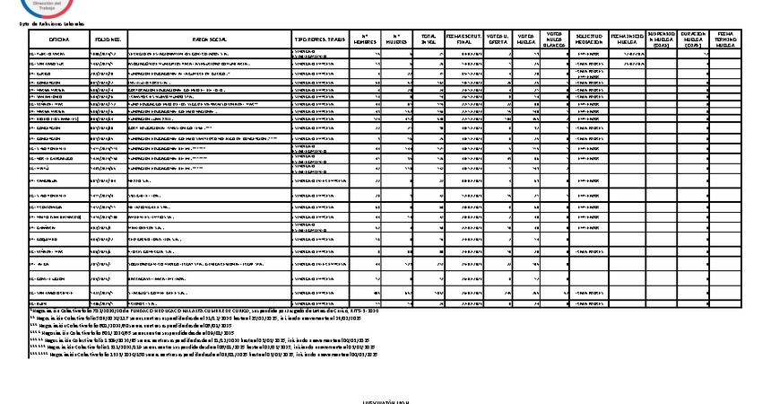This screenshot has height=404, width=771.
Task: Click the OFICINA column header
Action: [59, 40]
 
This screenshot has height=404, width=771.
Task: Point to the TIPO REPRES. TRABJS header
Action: [319, 40]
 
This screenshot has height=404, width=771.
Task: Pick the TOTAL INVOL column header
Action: [429, 40]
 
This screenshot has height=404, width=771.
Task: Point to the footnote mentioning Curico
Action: [179, 311]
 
